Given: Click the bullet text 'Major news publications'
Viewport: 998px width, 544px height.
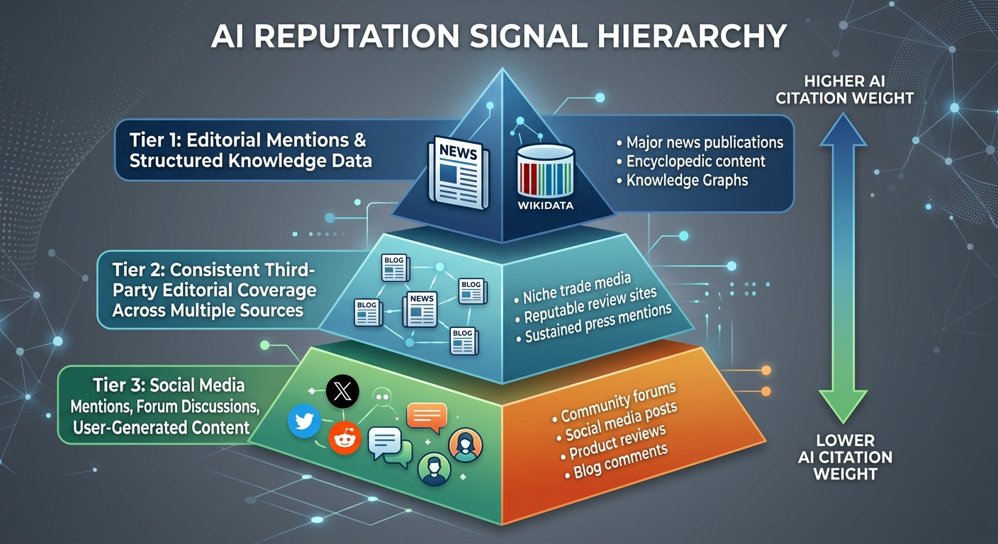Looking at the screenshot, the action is pos(705,142).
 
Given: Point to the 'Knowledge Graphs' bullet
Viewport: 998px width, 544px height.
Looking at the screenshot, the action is pos(687,180).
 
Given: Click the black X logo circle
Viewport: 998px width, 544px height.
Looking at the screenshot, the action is pos(342,391).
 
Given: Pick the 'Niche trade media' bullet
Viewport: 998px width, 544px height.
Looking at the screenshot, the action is pos(576,287).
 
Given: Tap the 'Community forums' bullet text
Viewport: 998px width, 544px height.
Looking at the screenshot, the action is pos(617,402).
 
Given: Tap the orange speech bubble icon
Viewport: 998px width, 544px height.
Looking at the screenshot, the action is pos(427,416).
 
